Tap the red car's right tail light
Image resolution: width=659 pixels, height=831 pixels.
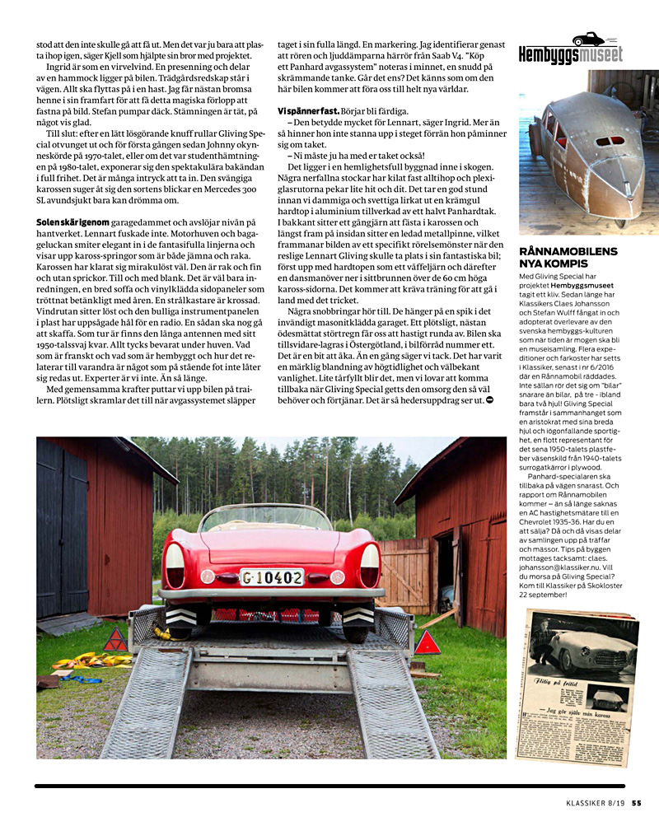click(x=370, y=565)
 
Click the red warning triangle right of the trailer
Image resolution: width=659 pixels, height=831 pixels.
click(x=427, y=642)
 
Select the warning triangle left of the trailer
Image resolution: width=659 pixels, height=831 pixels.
click(x=115, y=639)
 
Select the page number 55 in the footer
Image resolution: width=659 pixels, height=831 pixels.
click(x=637, y=805)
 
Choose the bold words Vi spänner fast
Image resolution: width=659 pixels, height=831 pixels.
click(x=307, y=110)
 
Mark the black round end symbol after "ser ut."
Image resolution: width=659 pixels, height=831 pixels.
click(x=490, y=399)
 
